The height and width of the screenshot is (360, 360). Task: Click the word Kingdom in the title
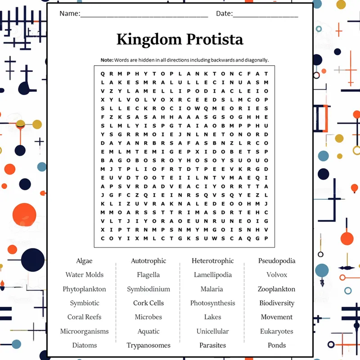[149, 40]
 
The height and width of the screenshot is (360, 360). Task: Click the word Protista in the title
[215, 39]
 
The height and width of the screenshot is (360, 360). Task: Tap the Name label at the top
[70, 13]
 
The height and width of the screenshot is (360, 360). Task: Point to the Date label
[224, 13]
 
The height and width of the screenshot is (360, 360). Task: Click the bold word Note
[107, 60]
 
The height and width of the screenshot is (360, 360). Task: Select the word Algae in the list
[84, 261]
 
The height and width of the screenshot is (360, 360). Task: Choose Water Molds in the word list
[85, 275]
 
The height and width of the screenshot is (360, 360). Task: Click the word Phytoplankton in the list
[84, 289]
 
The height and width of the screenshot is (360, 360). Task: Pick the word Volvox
[277, 275]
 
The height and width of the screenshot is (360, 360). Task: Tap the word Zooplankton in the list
[276, 289]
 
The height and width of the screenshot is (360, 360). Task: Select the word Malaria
[211, 289]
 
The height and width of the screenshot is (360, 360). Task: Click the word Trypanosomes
[148, 346]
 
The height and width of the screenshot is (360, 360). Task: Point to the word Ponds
[277, 345]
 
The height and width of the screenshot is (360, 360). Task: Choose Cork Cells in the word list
[148, 303]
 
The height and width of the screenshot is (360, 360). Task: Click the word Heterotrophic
[212, 261]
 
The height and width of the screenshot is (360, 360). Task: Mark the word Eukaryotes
[277, 332]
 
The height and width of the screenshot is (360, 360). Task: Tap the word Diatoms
[85, 345]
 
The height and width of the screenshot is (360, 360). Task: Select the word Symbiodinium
[148, 289]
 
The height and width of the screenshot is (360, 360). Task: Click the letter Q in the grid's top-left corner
[103, 74]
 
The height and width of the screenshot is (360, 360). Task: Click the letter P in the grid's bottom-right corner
[266, 238]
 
